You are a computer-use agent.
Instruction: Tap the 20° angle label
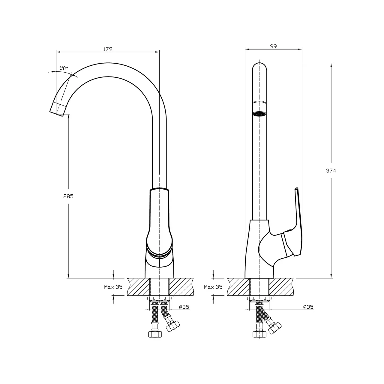(64, 68)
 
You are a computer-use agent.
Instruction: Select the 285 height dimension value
(68, 196)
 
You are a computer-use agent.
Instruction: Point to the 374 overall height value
(331, 171)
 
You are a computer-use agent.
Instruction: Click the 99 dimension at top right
(273, 46)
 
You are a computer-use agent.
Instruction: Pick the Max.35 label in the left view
(113, 287)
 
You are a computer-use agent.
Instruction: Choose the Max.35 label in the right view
(213, 287)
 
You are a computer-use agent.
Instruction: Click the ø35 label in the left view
(184, 307)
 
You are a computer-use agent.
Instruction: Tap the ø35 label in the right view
(308, 307)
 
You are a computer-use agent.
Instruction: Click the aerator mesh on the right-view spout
(259, 114)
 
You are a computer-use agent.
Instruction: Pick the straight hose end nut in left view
(155, 334)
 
